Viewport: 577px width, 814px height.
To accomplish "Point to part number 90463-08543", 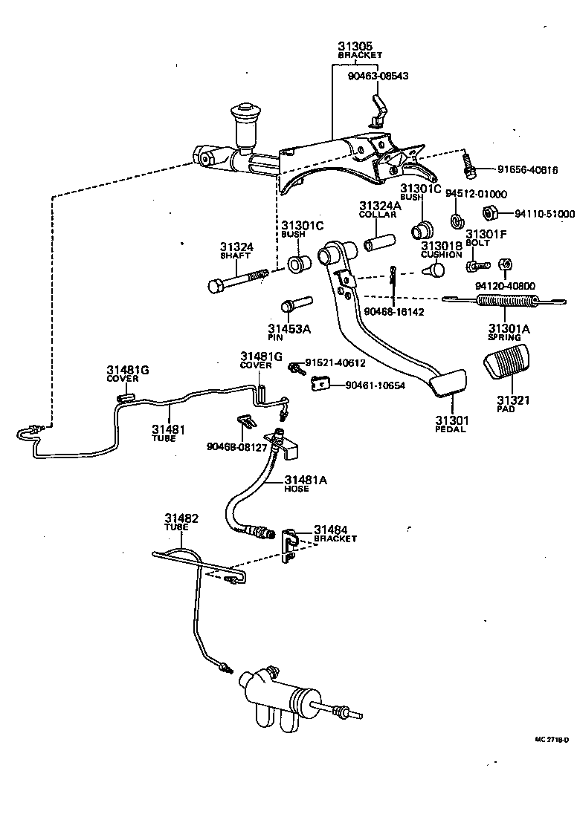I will tap(378, 76).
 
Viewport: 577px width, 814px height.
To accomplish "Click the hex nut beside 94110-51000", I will tap(489, 213).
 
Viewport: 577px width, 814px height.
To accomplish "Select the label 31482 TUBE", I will tap(181, 521).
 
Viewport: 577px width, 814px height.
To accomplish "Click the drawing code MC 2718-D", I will tap(552, 740).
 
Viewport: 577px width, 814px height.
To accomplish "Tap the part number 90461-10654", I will tap(375, 385).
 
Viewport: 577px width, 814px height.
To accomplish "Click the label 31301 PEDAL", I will tap(451, 424).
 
